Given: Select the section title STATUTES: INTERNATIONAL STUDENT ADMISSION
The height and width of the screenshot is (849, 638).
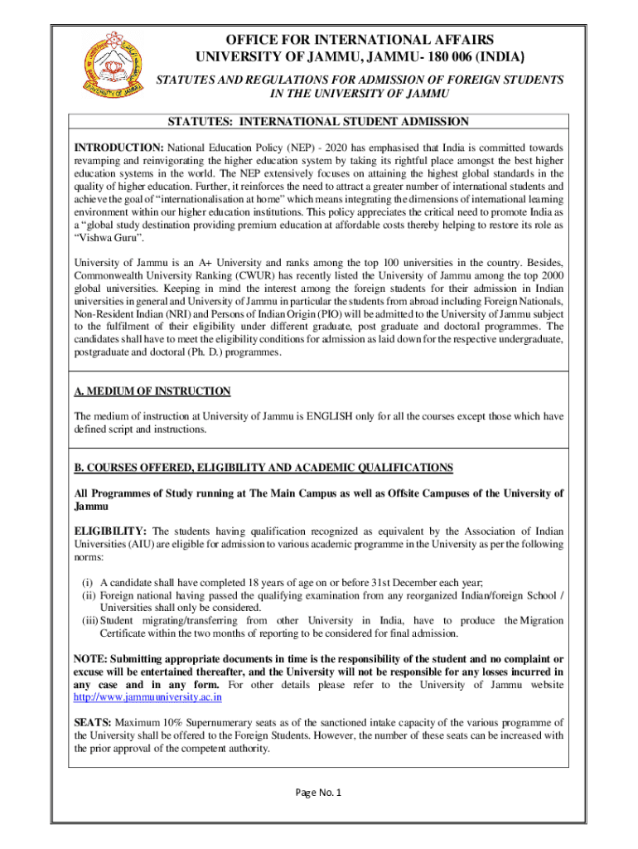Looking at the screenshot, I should tap(319, 122).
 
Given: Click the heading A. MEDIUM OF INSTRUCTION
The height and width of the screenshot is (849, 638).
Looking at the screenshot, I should tap(152, 391).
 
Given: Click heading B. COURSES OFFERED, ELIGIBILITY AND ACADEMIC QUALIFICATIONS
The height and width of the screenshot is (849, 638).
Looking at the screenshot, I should tap(263, 468).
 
